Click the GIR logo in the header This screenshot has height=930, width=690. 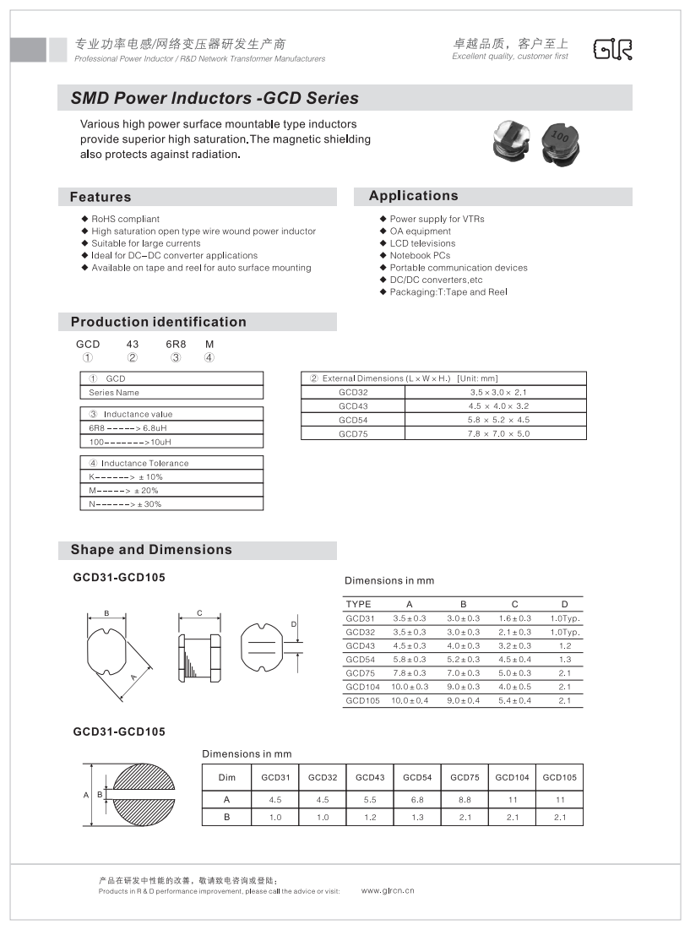click(x=613, y=50)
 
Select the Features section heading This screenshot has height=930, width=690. click(x=101, y=197)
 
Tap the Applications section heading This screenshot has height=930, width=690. click(x=413, y=196)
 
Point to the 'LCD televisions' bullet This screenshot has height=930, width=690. click(x=422, y=243)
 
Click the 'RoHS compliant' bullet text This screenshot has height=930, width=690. click(x=125, y=219)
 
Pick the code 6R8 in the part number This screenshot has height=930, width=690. click(x=175, y=344)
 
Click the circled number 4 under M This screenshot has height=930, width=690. click(x=209, y=357)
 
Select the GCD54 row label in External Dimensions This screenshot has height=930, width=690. click(x=353, y=420)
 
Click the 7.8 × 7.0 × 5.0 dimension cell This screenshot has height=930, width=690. click(x=498, y=433)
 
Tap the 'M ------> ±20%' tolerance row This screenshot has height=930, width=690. click(x=123, y=491)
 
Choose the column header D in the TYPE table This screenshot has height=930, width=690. click(x=565, y=604)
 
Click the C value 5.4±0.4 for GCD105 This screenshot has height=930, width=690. click(x=514, y=700)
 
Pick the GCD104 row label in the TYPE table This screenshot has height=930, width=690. click(x=362, y=687)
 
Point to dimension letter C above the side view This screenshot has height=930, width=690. click(x=198, y=612)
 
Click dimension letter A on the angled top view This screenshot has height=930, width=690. click(x=133, y=677)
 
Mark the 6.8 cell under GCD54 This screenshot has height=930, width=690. click(x=417, y=799)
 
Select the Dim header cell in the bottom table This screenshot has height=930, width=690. click(x=227, y=777)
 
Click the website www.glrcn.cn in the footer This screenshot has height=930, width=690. click(x=388, y=890)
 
